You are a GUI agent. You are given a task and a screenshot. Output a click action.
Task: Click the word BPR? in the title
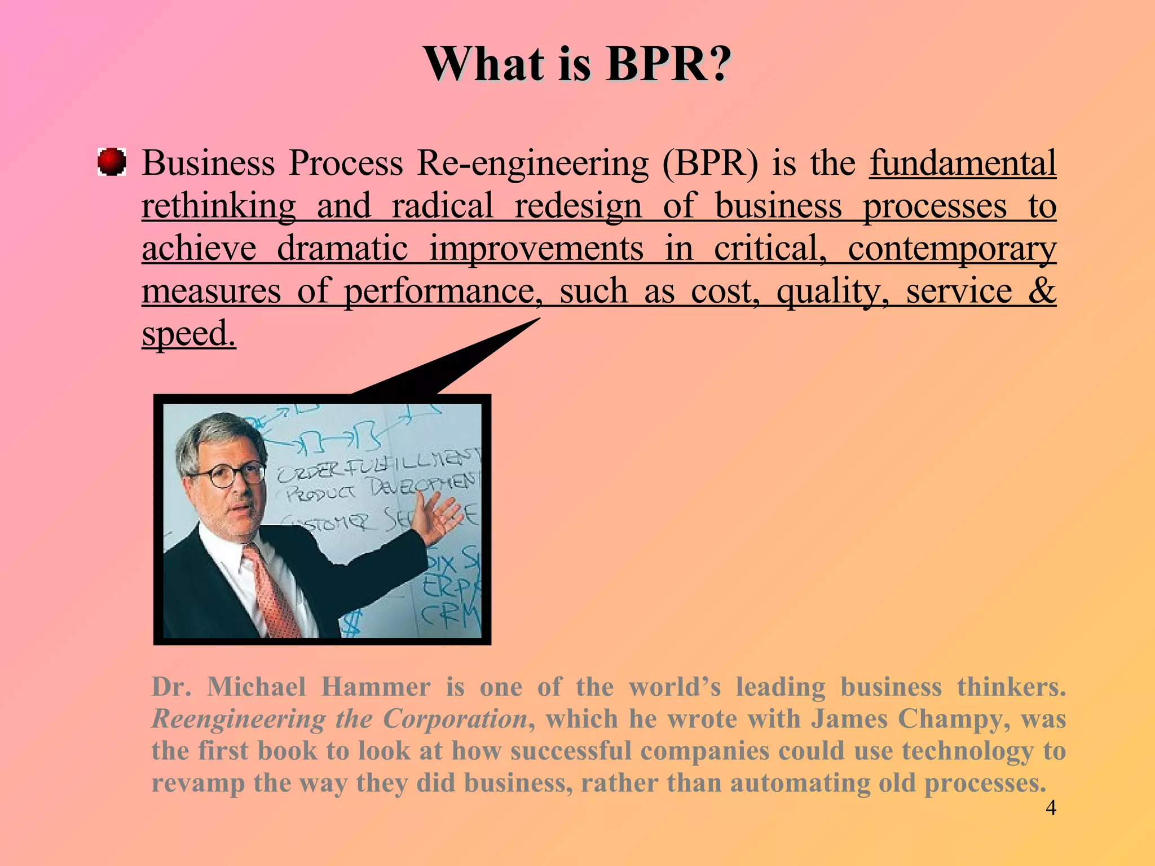pyautogui.click(x=668, y=64)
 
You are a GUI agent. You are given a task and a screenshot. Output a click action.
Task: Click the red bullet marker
pyautogui.click(x=112, y=162)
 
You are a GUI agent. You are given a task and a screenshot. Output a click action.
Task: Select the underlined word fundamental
pyautogui.click(x=963, y=164)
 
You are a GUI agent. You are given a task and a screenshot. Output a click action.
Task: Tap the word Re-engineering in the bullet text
pyautogui.click(x=533, y=164)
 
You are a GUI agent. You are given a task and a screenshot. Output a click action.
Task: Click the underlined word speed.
pyautogui.click(x=188, y=334)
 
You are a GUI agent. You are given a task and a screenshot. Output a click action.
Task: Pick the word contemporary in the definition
pyautogui.click(x=952, y=248)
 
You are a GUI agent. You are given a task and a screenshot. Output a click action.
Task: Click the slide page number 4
pyautogui.click(x=1051, y=808)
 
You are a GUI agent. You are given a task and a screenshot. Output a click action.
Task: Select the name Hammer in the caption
pyautogui.click(x=376, y=687)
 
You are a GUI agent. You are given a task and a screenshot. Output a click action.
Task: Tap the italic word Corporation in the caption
pyautogui.click(x=455, y=719)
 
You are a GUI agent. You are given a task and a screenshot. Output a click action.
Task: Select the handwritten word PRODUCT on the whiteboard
pyautogui.click(x=320, y=494)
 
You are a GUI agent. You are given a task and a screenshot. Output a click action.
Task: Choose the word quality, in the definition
pyautogui.click(x=832, y=291)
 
